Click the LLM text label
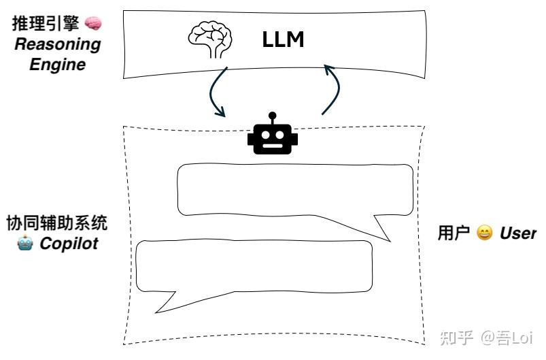tap(283, 40)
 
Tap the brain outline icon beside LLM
tap(210, 40)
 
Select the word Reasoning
tap(58, 45)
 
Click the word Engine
tap(58, 65)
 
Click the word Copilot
tap(69, 243)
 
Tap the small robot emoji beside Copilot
tap(25, 243)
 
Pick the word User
tap(518, 233)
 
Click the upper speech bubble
tap(294, 191)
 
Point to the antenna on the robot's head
tap(273, 116)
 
